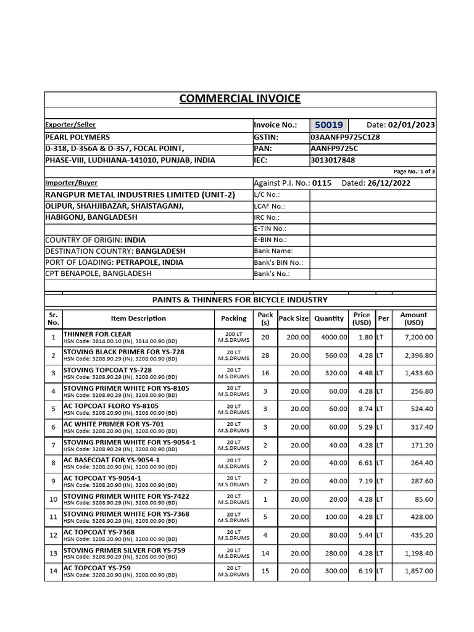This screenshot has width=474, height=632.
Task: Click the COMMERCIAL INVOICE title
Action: [239, 99]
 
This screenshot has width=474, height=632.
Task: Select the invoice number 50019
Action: [330, 125]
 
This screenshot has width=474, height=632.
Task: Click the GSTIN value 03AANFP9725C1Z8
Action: [345, 137]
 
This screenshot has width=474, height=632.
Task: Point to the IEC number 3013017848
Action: [333, 160]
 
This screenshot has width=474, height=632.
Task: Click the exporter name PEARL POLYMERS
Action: [77, 137]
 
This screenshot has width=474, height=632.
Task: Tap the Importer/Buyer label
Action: [71, 183]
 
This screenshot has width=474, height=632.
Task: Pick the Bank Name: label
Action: [273, 251]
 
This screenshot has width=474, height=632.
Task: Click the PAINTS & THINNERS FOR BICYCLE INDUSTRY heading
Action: [239, 300]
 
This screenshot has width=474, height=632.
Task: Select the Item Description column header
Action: [138, 318]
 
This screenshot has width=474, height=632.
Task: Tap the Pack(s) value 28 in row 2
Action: [265, 355]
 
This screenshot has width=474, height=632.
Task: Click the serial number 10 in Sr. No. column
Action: [53, 499]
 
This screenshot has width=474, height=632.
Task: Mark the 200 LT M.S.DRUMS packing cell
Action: [233, 338]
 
